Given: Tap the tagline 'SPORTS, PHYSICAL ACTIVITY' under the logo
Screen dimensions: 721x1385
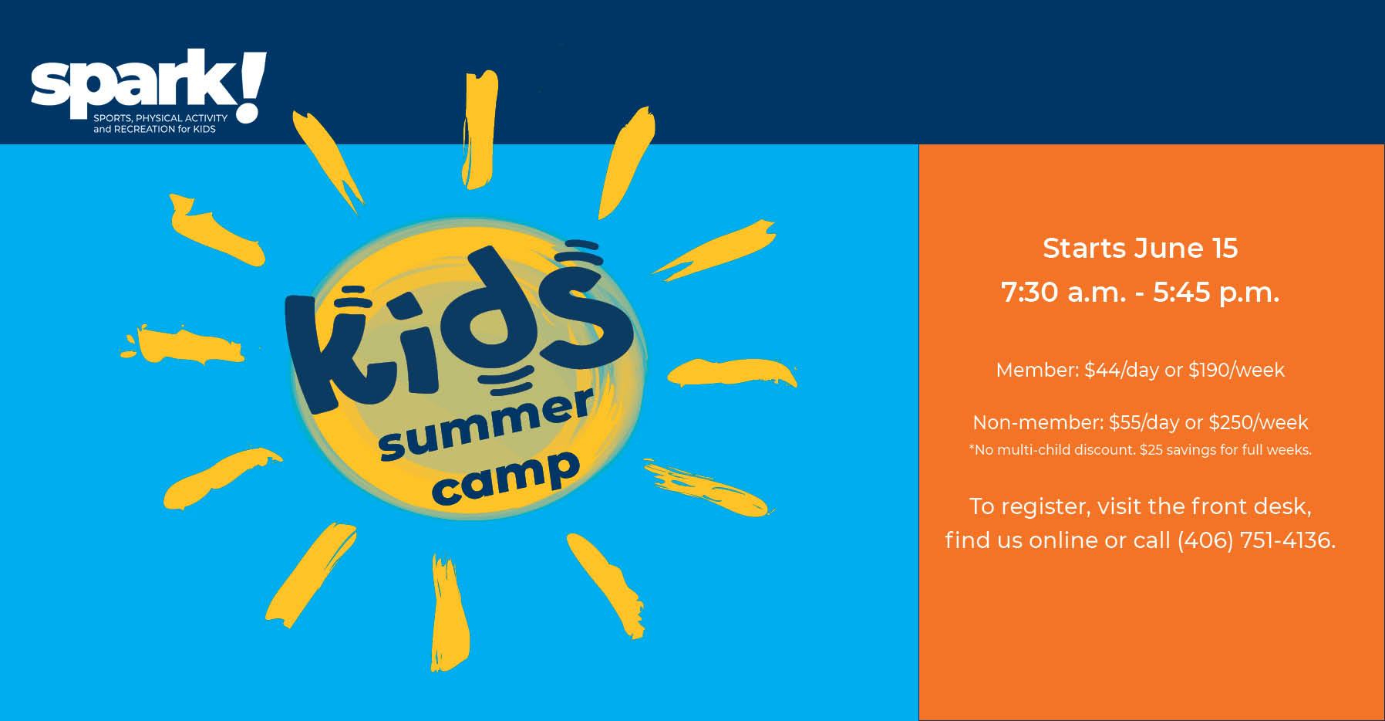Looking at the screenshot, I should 160,118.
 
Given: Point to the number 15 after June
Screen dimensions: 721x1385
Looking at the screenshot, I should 1225,249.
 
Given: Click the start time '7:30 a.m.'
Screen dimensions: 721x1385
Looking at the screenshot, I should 1063,293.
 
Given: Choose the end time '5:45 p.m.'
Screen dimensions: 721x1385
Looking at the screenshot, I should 1216,293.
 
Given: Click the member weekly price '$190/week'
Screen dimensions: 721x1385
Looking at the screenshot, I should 1236,371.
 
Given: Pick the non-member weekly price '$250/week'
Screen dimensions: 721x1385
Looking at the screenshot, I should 1258,423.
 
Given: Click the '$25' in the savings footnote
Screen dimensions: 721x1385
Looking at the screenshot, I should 1151,450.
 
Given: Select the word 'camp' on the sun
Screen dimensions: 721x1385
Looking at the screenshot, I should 505,479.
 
